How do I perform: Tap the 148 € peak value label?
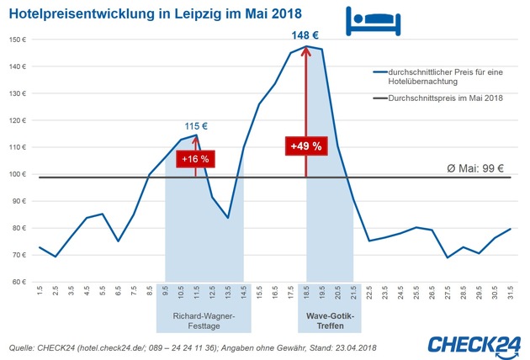(x=306, y=36)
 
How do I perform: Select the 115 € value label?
(x=196, y=126)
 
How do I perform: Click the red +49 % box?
(x=306, y=146)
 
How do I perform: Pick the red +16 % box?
(x=196, y=158)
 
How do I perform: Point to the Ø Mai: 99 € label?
(x=476, y=167)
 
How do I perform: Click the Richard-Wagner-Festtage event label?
(x=204, y=322)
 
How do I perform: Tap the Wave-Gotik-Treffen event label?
(x=330, y=322)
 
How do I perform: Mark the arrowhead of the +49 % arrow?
(x=306, y=51)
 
